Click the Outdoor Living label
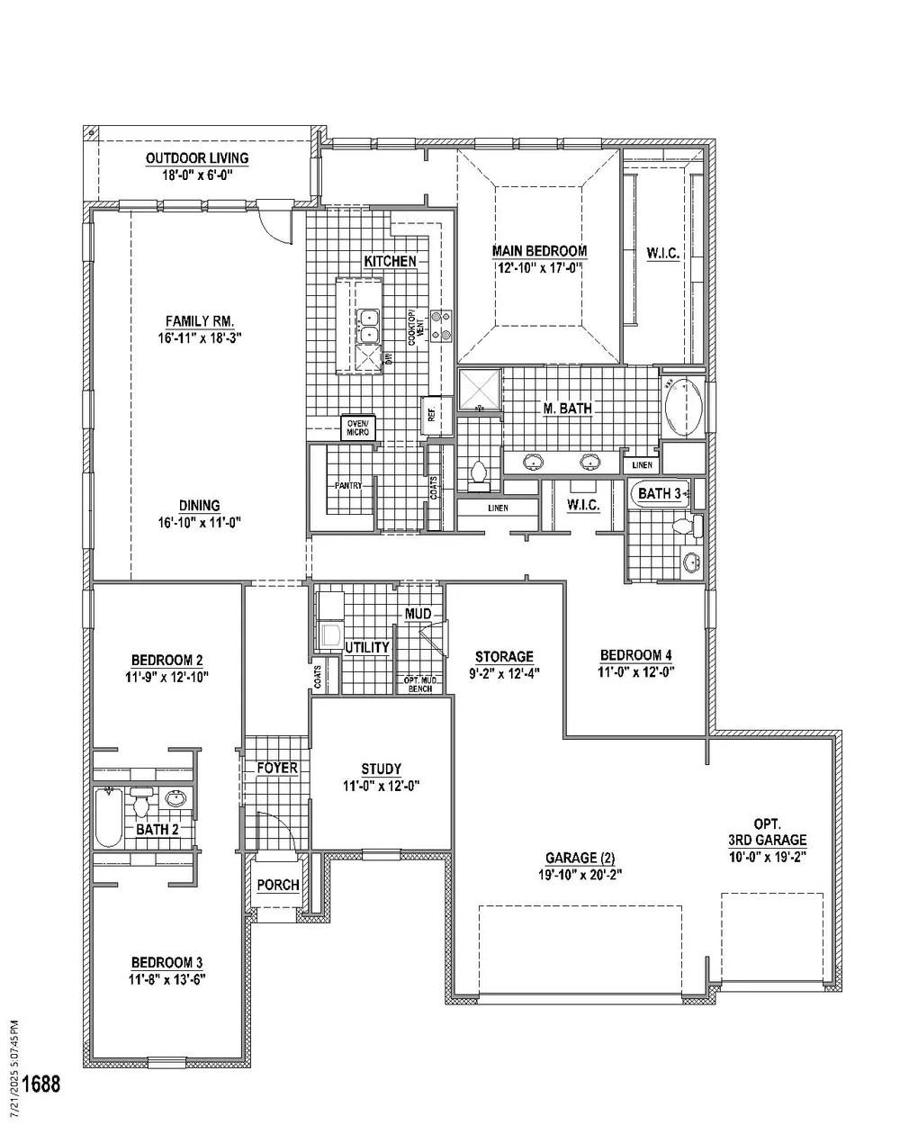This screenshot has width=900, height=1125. (197, 157)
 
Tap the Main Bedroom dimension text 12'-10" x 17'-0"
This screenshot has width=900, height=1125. (540, 268)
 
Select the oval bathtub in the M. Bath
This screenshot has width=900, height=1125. (683, 409)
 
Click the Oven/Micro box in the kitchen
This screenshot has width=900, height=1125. (357, 427)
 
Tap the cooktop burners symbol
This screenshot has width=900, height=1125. (441, 326)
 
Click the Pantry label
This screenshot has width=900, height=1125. (348, 485)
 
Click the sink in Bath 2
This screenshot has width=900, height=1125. (175, 798)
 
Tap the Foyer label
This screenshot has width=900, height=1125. (277, 768)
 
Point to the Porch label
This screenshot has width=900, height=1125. (278, 885)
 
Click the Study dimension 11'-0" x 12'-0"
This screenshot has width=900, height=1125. (382, 786)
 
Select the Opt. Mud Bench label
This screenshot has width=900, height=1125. (420, 685)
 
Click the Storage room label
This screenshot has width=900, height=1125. (504, 656)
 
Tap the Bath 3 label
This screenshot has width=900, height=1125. (660, 493)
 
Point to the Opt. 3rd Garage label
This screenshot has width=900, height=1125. (767, 832)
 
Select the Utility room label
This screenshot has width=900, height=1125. (367, 647)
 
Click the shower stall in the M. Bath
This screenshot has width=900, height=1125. (480, 390)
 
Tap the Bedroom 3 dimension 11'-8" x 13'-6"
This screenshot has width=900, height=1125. (166, 979)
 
